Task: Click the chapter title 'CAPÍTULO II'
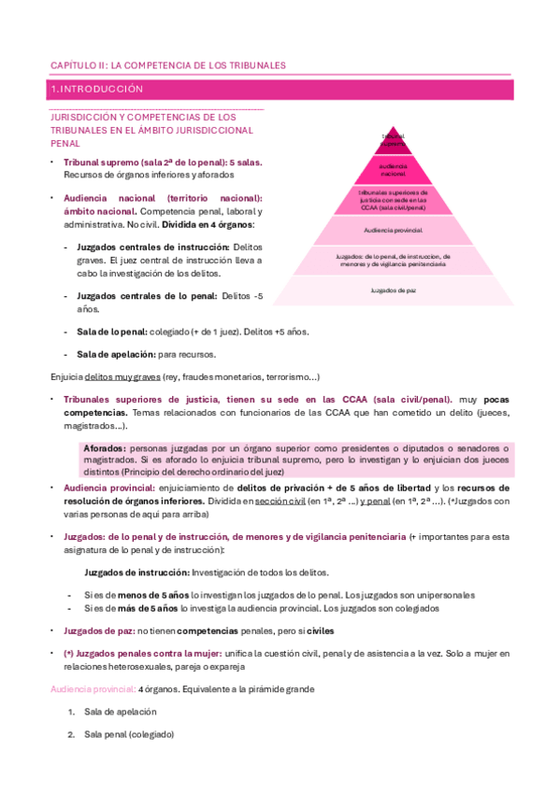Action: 77,65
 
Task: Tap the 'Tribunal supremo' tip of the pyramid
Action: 393,140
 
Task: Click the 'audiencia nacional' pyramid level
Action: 393,170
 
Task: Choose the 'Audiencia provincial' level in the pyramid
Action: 393,229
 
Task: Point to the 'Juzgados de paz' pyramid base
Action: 393,290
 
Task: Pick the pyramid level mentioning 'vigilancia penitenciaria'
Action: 393,260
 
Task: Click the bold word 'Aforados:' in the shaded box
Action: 106,448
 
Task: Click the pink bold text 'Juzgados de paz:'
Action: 99,630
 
